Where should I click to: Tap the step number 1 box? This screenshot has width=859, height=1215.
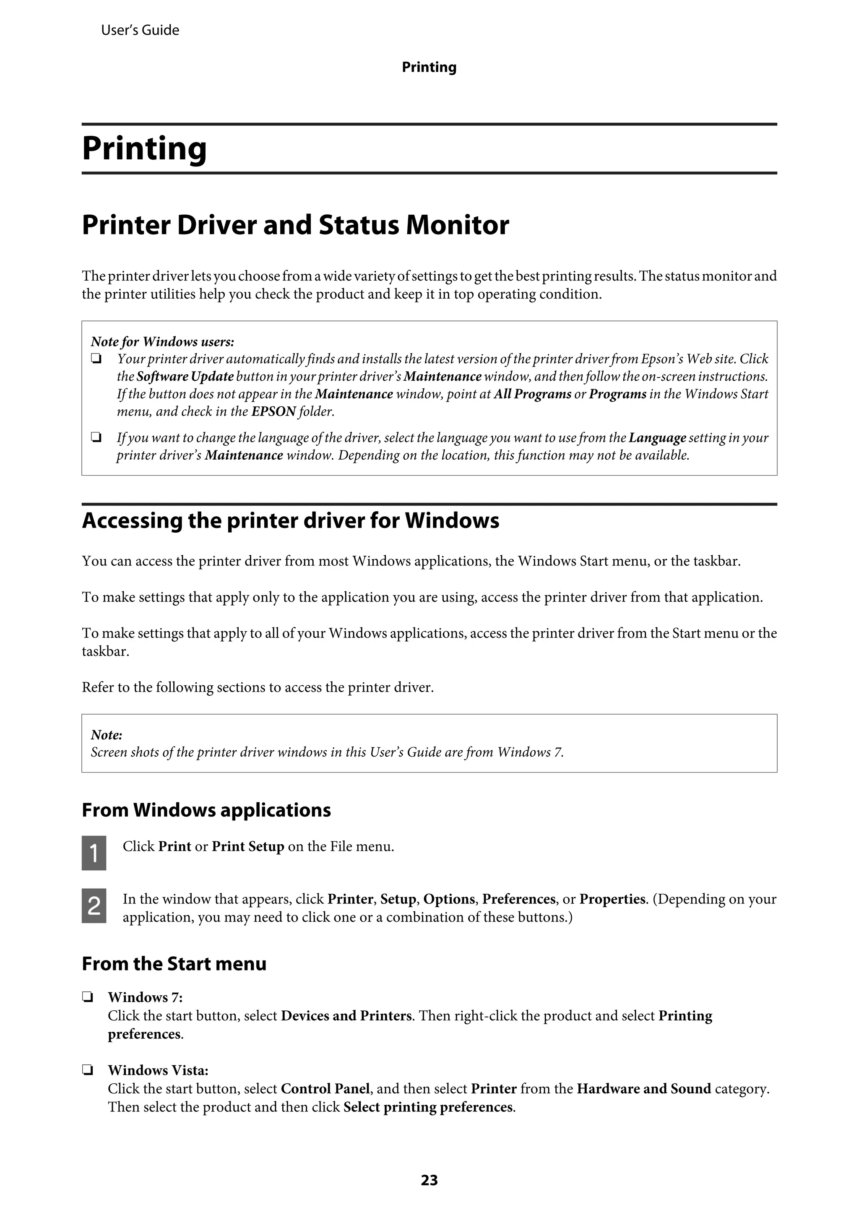(x=94, y=853)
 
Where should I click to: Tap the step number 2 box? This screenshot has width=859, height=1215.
(x=94, y=905)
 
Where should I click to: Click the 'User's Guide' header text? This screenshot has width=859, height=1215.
(x=140, y=31)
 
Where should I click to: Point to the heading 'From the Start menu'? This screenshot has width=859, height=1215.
(x=174, y=964)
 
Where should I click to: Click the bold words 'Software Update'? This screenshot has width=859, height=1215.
(x=185, y=376)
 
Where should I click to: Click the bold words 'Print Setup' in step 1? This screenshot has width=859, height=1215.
(x=248, y=846)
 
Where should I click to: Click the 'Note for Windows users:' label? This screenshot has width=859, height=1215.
(x=162, y=341)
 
